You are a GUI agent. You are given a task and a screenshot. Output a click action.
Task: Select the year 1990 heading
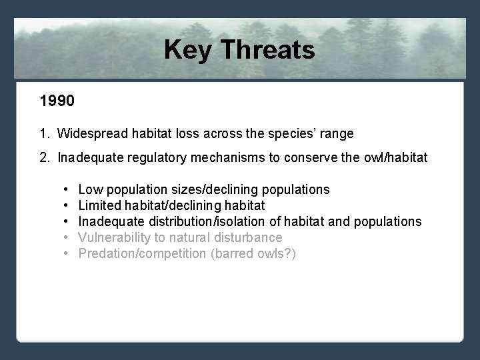coord(57,102)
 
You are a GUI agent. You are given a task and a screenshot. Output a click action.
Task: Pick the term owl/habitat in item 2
coord(393,159)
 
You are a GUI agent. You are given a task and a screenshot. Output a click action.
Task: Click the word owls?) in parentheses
coord(276,254)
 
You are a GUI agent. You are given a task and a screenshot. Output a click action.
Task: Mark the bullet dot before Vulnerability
coord(67,238)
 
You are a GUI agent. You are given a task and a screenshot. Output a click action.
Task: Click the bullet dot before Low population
coord(67,190)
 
